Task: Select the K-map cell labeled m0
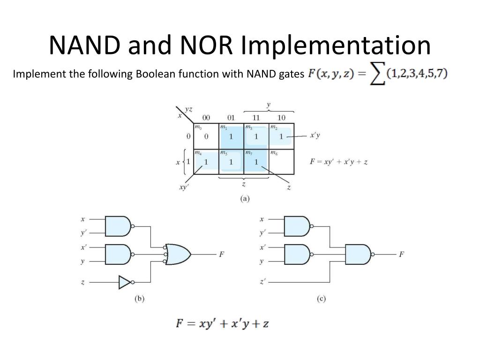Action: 206,135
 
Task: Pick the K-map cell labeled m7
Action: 256,161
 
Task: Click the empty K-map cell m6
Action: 281,161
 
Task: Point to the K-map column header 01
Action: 231,118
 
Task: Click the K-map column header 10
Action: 281,118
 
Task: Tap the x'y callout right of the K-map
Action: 315,136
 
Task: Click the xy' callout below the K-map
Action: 184,187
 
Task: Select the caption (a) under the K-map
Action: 245,198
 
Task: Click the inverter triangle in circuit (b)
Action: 124,282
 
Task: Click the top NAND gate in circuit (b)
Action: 118,226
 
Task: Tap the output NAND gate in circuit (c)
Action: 359,255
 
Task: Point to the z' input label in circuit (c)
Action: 262,282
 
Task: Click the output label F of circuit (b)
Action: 221,255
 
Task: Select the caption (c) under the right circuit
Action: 321,299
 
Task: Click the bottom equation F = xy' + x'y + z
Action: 222,323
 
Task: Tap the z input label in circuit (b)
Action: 83,282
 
